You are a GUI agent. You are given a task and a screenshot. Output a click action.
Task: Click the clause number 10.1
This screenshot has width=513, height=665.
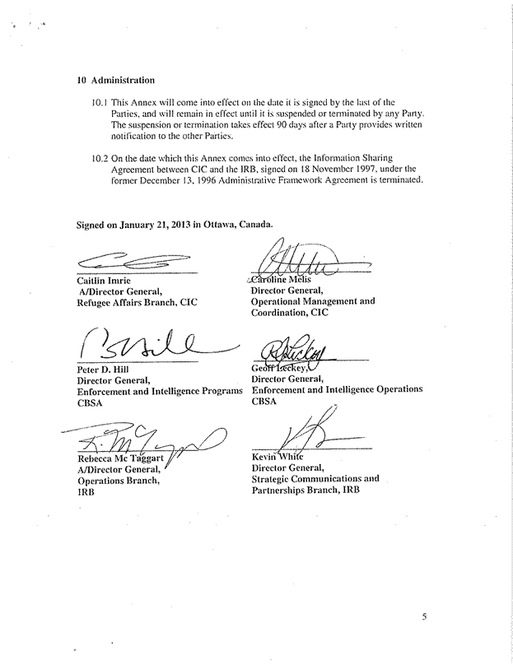[100, 103]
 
